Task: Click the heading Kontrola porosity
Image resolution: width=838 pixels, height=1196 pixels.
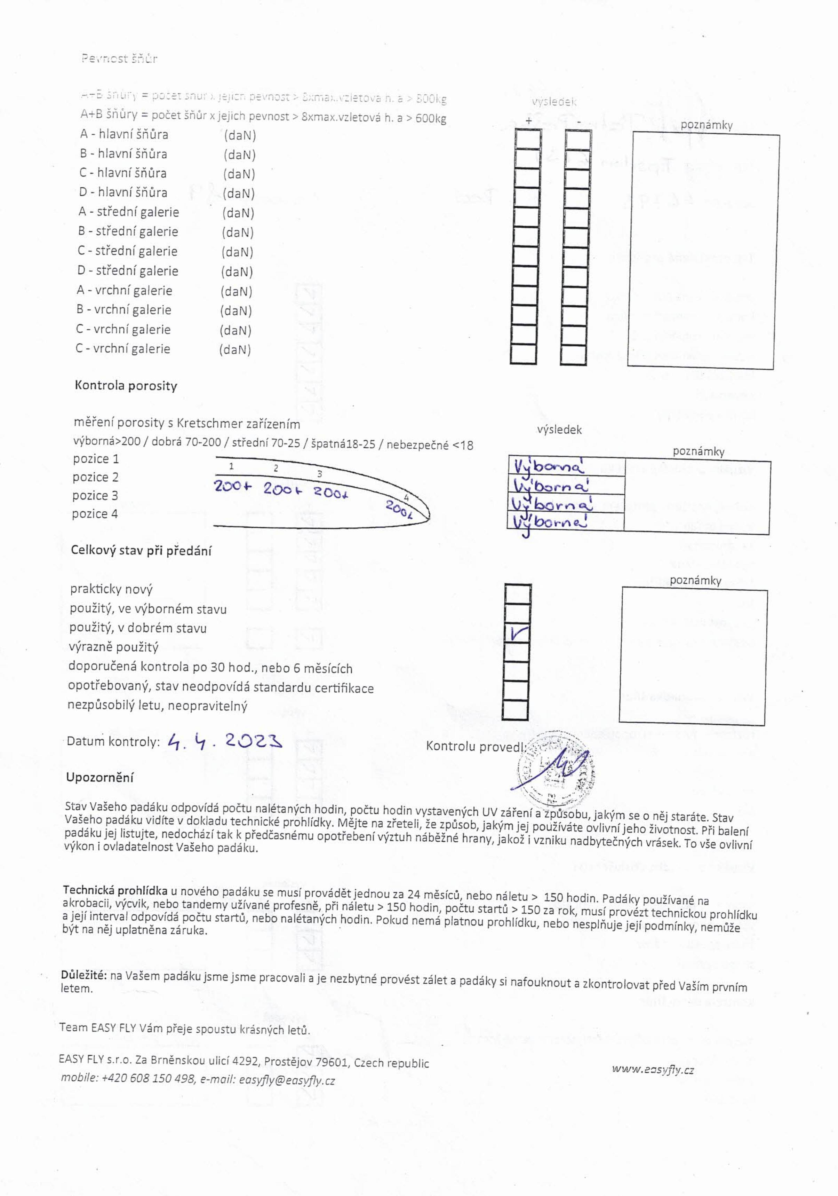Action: coord(126,386)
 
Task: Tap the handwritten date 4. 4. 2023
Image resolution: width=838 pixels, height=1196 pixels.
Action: coord(224,741)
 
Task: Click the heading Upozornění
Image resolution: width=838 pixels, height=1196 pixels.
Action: coord(99,777)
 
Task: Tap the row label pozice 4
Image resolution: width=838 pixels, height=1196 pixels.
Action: coord(95,514)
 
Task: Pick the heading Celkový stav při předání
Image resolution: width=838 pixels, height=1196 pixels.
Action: coord(141,551)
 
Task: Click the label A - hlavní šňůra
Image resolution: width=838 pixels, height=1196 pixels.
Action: coord(124,134)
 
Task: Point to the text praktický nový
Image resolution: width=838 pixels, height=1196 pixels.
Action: coord(111,589)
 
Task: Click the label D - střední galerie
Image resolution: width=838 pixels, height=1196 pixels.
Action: coord(128,271)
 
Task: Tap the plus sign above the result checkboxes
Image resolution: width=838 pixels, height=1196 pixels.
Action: coord(529,121)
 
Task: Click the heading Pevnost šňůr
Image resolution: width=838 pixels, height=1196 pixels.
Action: coord(119,59)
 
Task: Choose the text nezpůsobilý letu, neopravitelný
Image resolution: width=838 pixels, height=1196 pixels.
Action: coord(157,706)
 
